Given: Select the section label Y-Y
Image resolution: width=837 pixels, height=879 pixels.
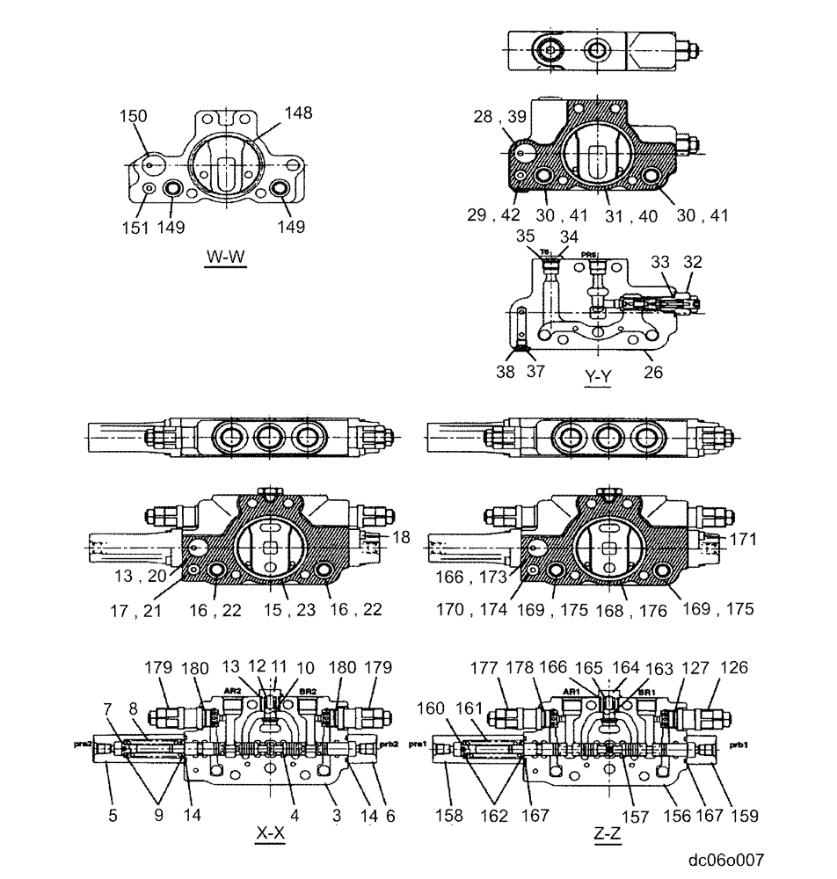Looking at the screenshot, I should (599, 377).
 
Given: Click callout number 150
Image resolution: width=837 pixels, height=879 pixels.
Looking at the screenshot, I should (135, 116).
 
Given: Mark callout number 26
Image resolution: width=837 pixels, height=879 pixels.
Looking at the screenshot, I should (652, 373).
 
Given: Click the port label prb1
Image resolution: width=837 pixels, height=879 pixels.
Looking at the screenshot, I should (738, 744).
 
